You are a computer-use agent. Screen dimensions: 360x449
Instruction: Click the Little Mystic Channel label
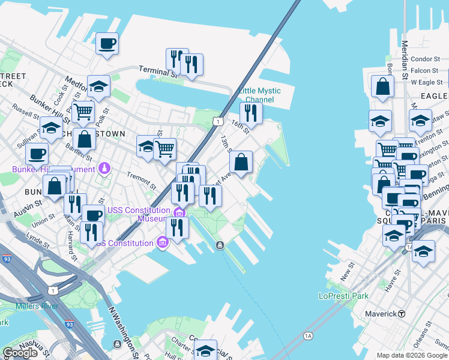[x=259, y=95]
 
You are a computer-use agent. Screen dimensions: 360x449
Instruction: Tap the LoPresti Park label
[x=343, y=296]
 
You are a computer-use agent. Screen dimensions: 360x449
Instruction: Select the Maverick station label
[x=382, y=314]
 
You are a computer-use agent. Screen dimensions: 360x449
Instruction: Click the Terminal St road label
[x=158, y=71]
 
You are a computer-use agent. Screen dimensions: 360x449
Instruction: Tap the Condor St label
[x=426, y=59]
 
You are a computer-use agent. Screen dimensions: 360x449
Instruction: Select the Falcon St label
[x=424, y=70]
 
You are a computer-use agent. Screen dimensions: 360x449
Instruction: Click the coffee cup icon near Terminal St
[x=107, y=44]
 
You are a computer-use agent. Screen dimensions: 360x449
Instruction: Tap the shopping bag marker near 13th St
[x=241, y=162]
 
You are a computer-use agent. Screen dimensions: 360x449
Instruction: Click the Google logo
[x=20, y=353]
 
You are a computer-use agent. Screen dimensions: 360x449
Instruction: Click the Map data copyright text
[x=411, y=355]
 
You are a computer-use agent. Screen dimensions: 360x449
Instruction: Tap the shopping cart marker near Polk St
[x=83, y=111]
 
